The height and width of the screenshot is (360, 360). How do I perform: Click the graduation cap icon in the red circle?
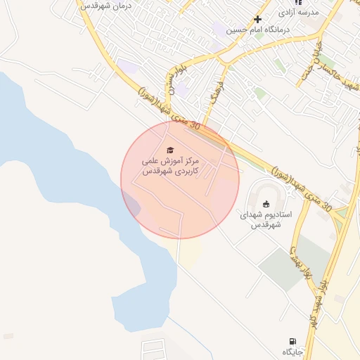pyautogui.click(x=169, y=150)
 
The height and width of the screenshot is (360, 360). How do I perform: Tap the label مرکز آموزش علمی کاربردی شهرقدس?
pyautogui.click(x=170, y=167)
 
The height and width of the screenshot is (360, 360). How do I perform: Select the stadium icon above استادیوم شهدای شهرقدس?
pyautogui.click(x=266, y=204)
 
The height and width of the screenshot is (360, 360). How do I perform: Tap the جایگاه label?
pyautogui.click(x=292, y=351)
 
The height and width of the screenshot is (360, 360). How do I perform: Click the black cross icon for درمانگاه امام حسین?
pyautogui.click(x=258, y=19)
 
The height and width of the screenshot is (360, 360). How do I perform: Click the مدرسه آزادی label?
pyautogui.click(x=297, y=13)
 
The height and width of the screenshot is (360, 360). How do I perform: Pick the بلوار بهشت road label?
pyautogui.click(x=300, y=268)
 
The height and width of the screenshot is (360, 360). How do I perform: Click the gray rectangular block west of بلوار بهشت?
pyautogui.click(x=285, y=267)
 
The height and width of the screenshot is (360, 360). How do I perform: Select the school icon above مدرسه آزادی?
pyautogui.click(x=298, y=2)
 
